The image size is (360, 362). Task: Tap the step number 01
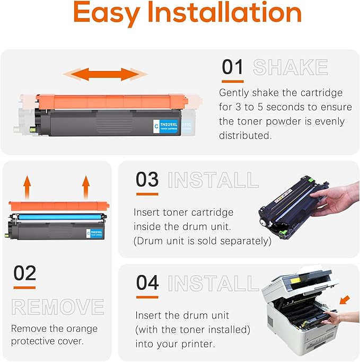232,67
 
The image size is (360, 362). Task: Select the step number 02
24,273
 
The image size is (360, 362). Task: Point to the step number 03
147,179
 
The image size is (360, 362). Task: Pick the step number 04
147,282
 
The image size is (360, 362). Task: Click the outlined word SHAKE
290,67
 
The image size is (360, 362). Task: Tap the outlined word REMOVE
58,307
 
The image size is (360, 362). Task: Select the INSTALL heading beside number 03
213,180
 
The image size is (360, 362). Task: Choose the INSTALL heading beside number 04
213,283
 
